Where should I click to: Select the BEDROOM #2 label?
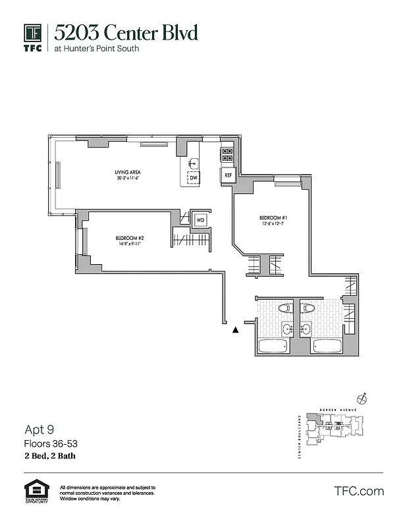(130, 240)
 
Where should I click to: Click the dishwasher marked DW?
(194, 177)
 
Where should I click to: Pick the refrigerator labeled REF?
(228, 175)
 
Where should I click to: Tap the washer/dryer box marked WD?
(200, 219)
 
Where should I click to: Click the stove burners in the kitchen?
(227, 154)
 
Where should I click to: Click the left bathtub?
(272, 347)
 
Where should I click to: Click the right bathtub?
(325, 347)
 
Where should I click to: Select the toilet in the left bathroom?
(285, 308)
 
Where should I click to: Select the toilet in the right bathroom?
(308, 308)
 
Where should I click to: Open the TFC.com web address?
(359, 491)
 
